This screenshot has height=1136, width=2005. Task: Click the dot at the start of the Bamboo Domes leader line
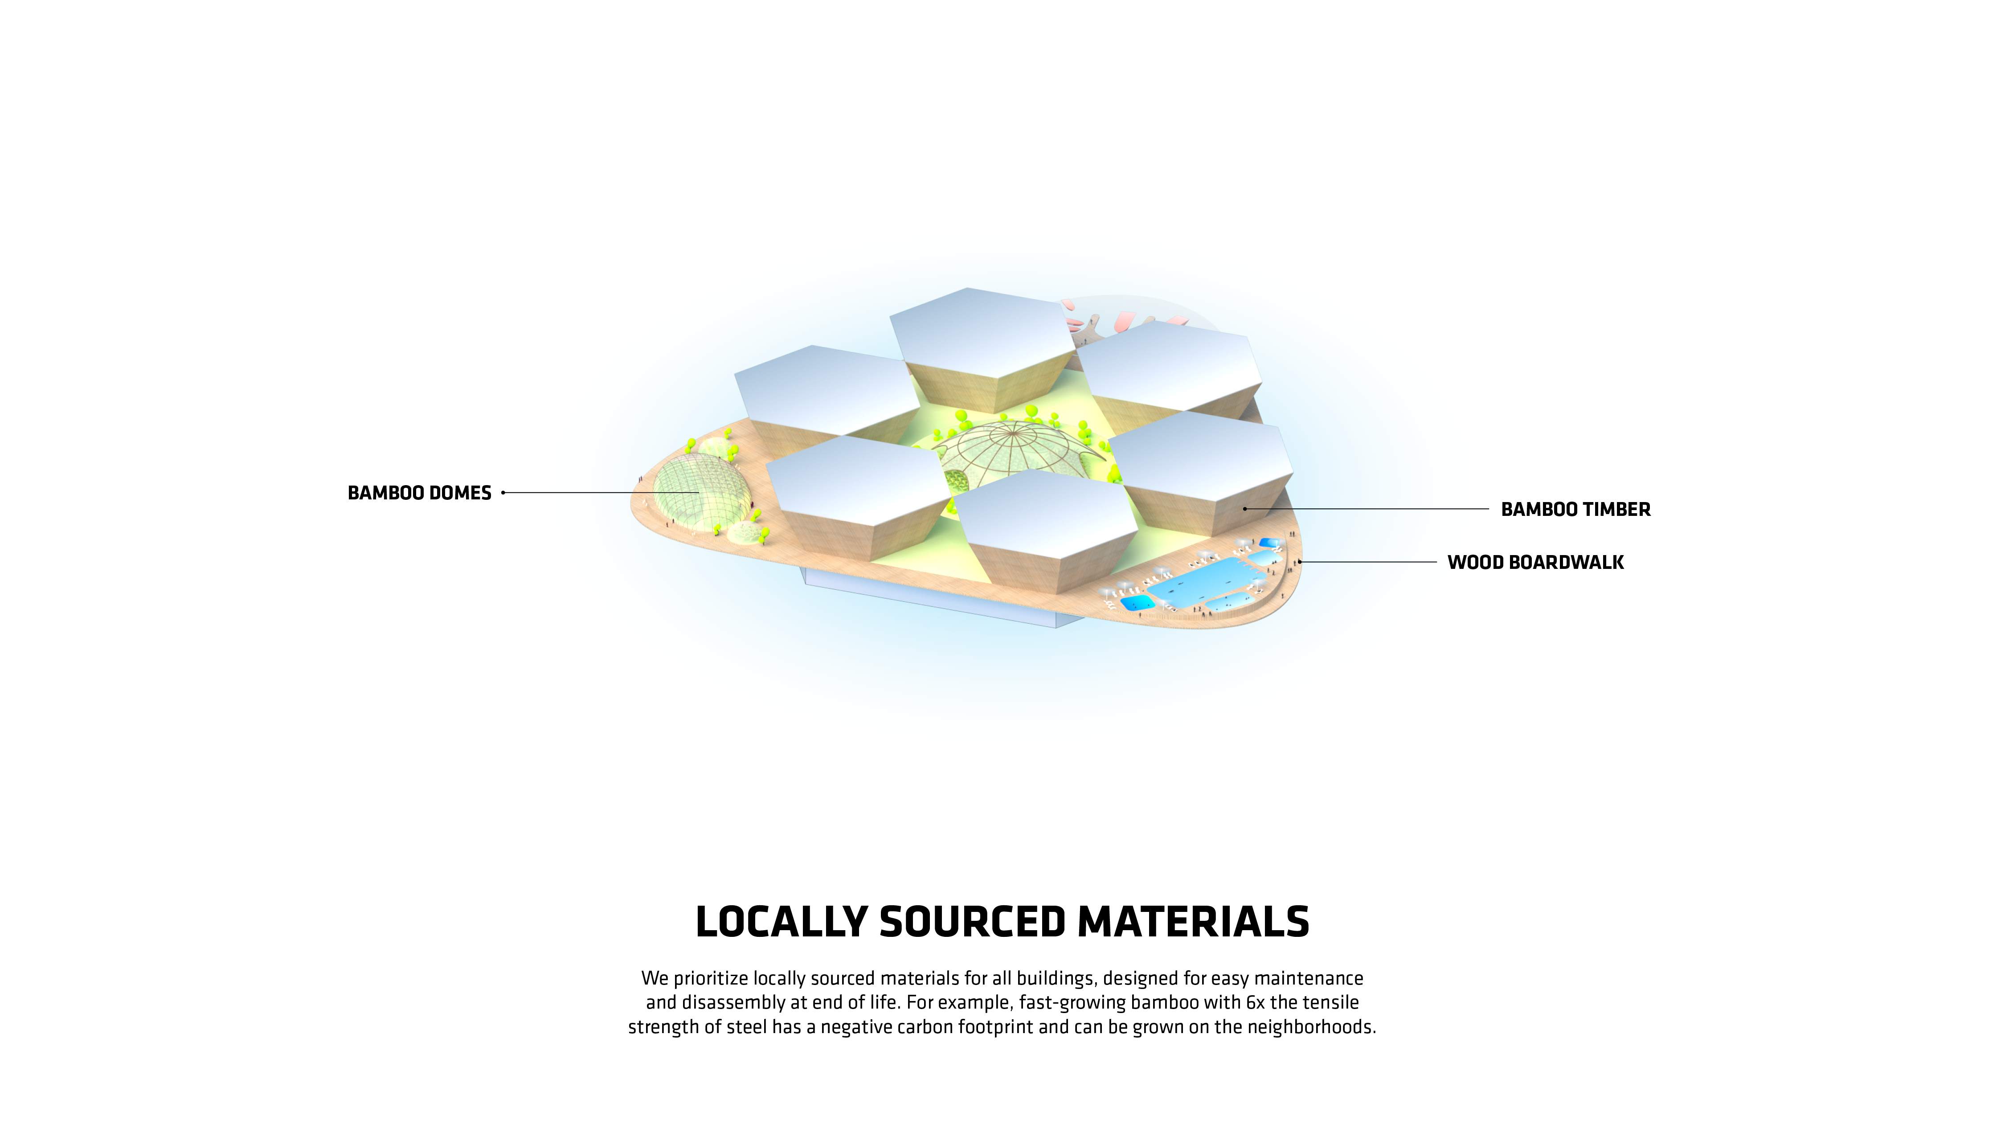tap(503, 492)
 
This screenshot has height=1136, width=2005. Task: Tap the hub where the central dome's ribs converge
tap(1013, 428)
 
